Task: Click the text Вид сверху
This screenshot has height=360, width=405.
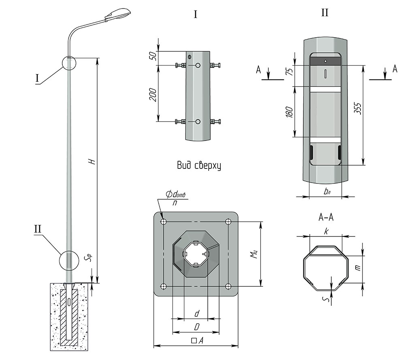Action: [199, 166]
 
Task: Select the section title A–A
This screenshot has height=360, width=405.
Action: [326, 217]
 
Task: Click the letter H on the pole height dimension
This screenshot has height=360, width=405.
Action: [92, 161]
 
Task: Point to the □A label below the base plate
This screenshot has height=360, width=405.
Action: [196, 341]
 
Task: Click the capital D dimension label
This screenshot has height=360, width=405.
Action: [196, 326]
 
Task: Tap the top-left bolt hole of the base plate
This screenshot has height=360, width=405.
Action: [164, 222]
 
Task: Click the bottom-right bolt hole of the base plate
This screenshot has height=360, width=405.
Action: [228, 286]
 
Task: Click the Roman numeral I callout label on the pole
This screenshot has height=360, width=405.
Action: [38, 78]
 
